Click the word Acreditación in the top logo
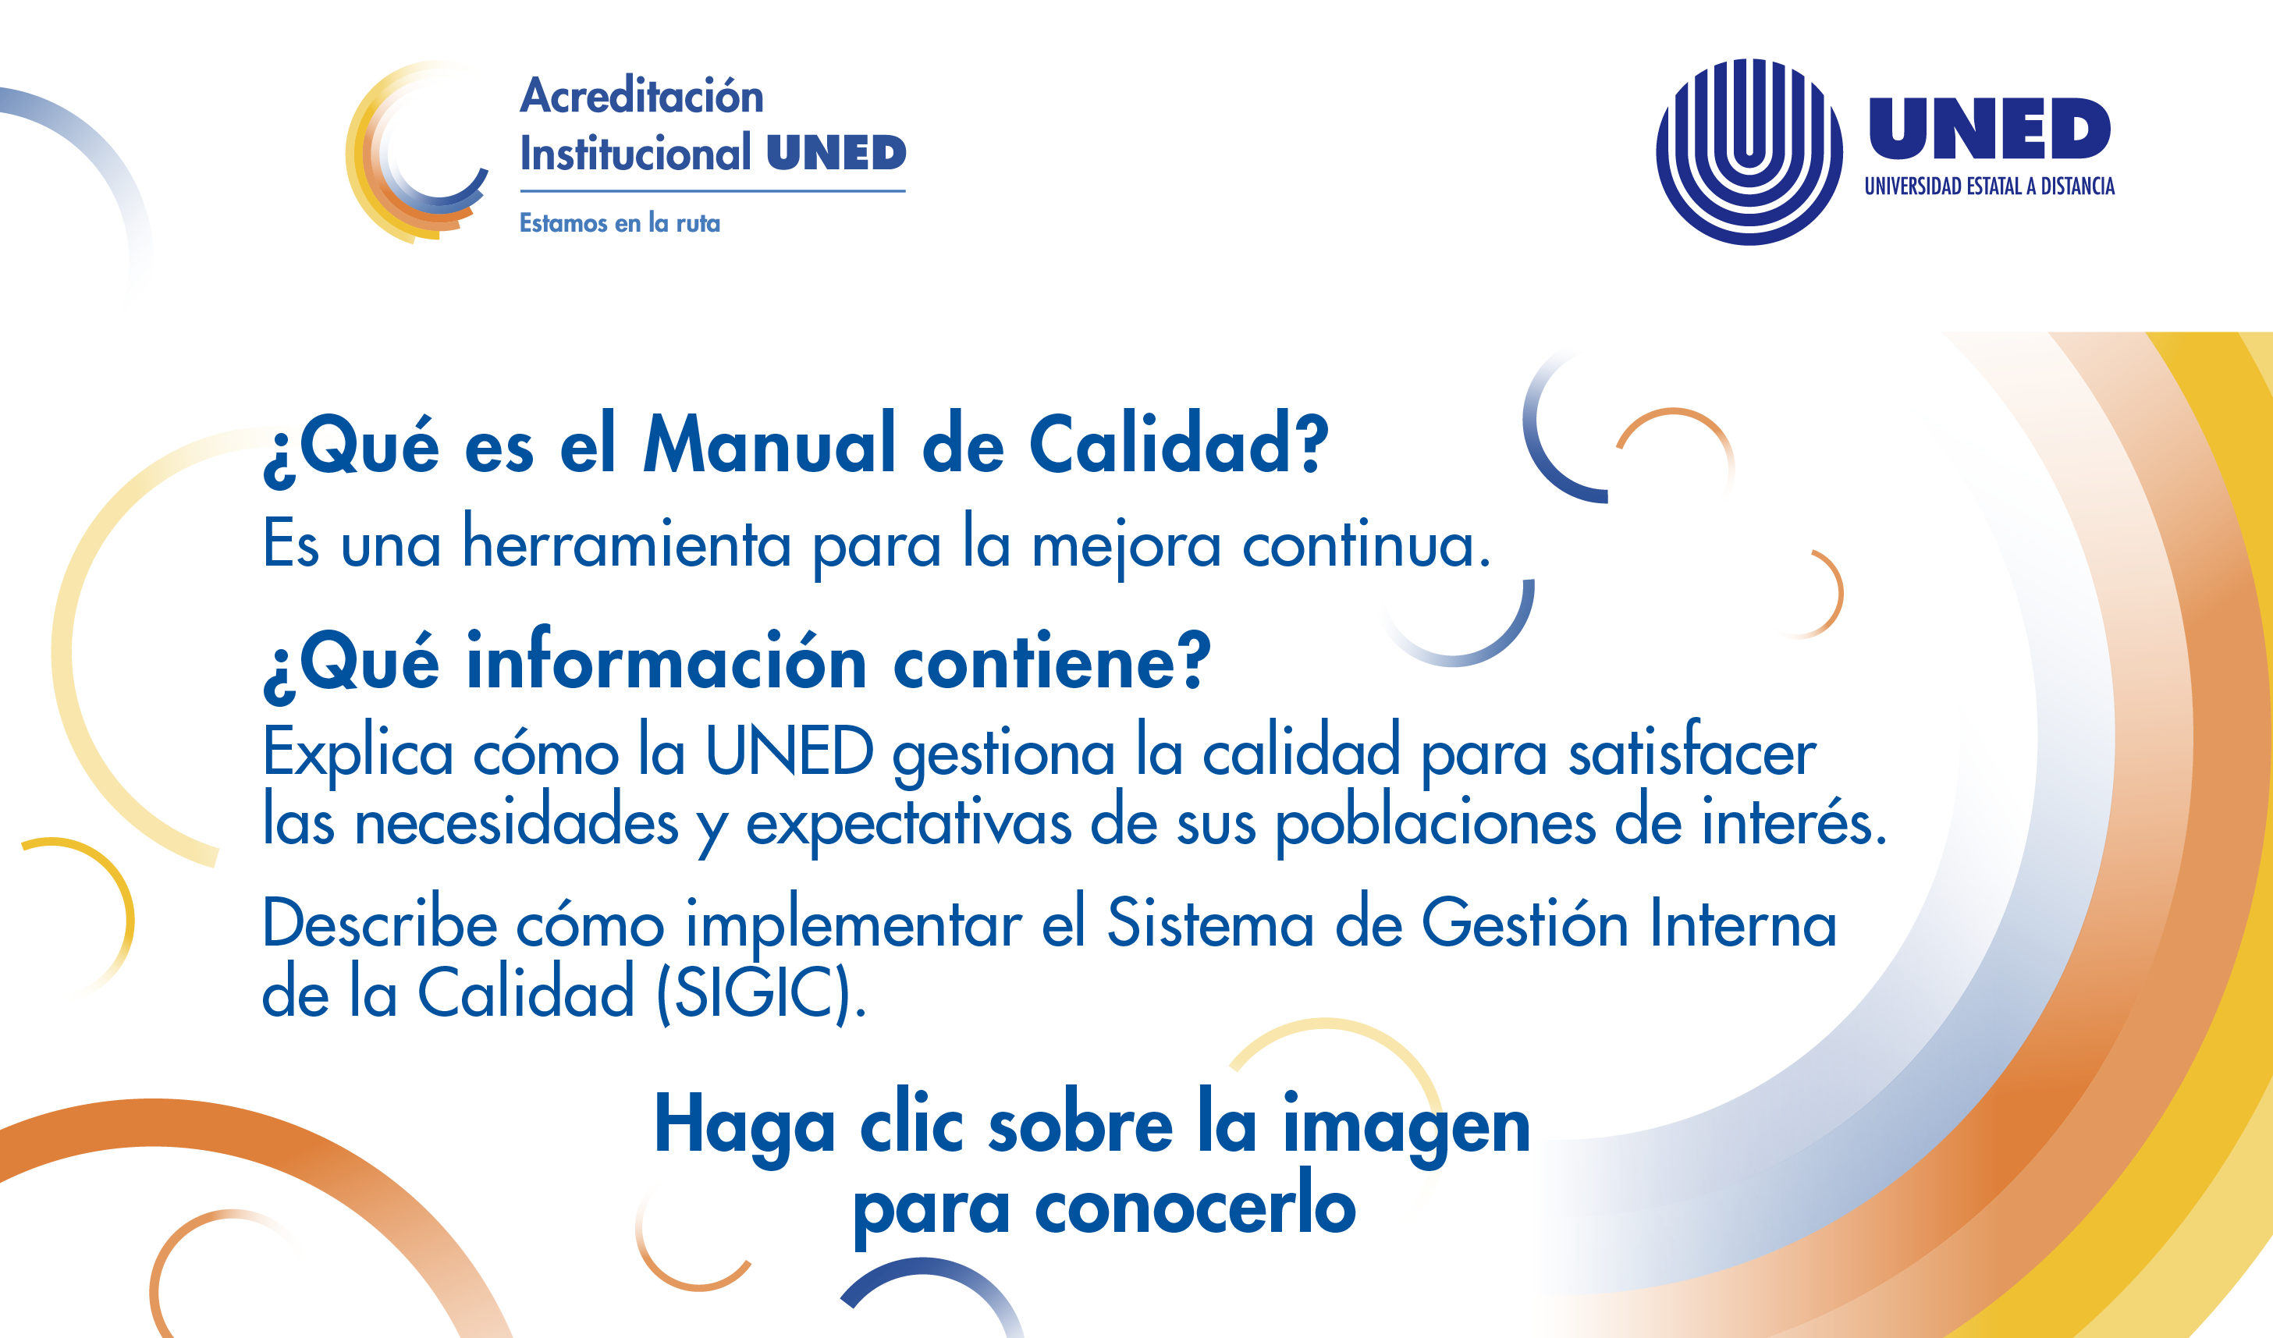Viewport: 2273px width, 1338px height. pos(641,95)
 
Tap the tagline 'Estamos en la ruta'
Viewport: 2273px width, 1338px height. pos(620,222)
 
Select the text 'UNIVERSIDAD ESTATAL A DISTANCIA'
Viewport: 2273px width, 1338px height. pos(1989,186)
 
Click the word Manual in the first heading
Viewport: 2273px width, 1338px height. pos(769,444)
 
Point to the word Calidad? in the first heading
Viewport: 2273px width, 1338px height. pos(1179,444)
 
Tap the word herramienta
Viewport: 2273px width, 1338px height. pos(627,543)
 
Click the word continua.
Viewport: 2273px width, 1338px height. pos(1366,545)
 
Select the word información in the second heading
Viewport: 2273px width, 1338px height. pos(666,660)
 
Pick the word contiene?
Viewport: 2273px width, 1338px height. pos(1052,661)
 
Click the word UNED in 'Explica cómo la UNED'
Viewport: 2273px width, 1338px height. pos(789,751)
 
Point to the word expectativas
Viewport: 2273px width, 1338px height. pos(908,823)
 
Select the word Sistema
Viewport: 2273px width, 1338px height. pos(1209,922)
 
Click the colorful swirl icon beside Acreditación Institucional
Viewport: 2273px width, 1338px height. pos(417,151)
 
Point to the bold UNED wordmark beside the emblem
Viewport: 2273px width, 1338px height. pos(1989,128)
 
